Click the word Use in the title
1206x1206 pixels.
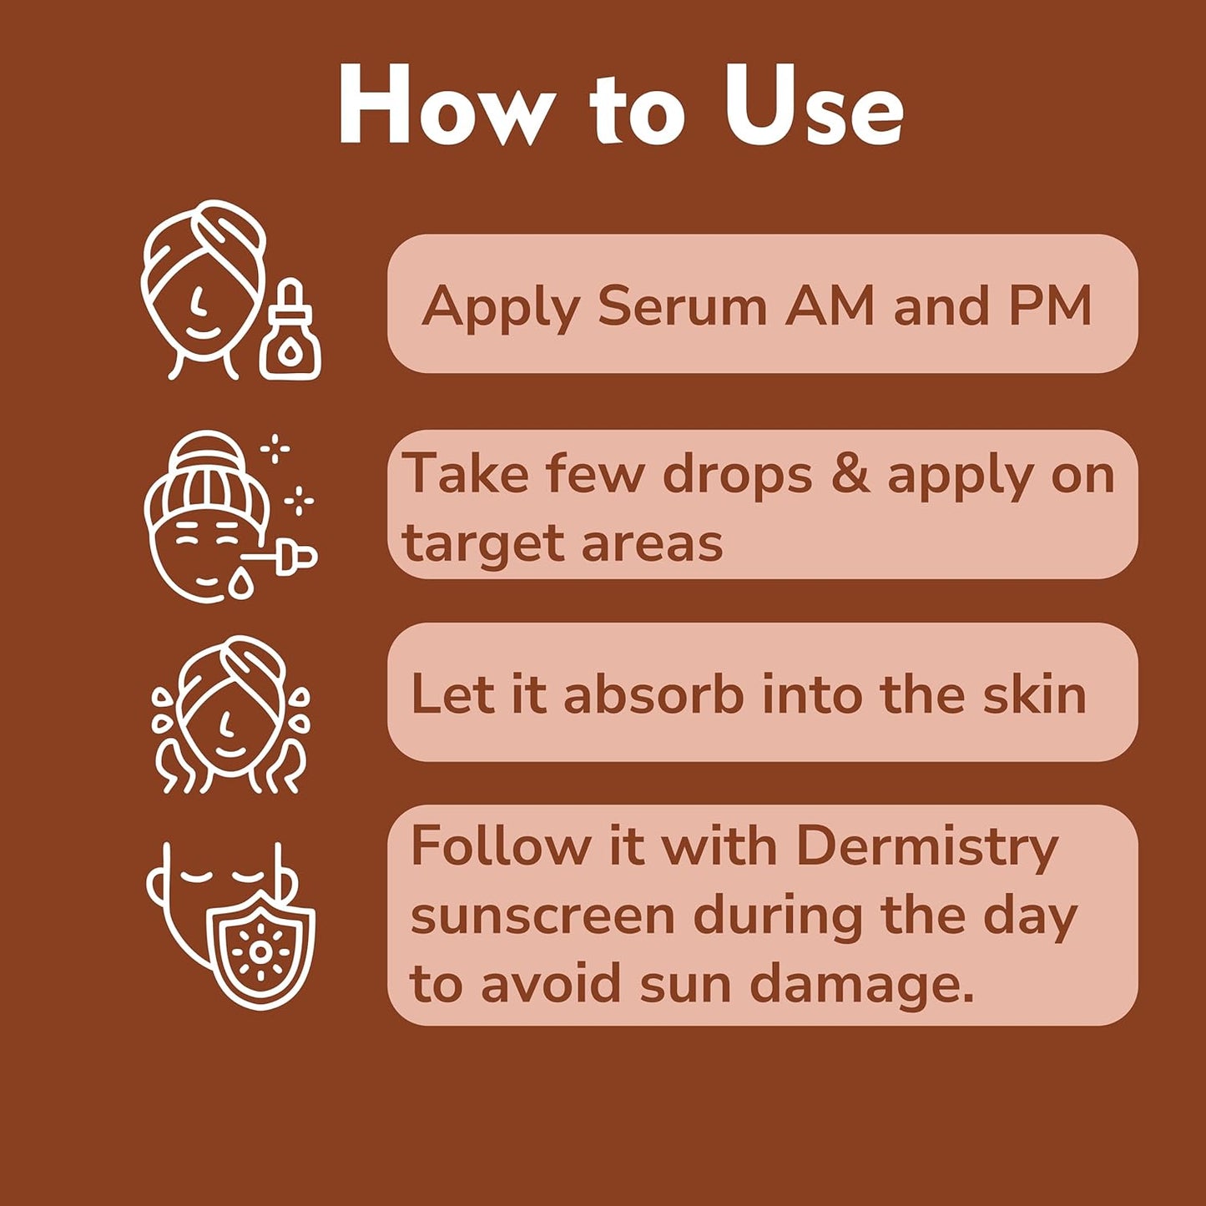(x=813, y=107)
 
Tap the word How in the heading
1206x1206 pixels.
(x=446, y=107)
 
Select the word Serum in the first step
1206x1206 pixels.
(x=682, y=305)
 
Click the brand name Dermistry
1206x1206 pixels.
(x=926, y=848)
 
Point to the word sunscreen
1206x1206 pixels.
(x=542, y=916)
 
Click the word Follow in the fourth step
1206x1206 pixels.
(x=500, y=846)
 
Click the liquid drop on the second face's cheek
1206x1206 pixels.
(x=241, y=583)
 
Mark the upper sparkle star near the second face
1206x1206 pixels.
(x=275, y=450)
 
